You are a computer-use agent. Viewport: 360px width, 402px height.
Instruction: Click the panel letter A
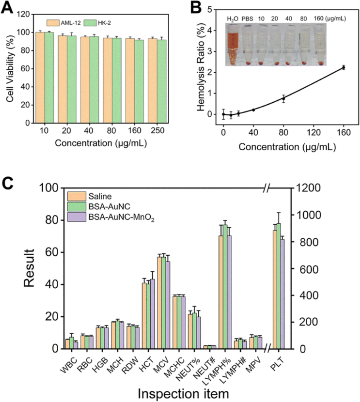[x=7, y=8]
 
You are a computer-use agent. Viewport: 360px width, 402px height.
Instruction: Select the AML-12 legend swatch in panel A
[x=53, y=23]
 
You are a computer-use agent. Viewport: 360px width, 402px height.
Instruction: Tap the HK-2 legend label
[x=104, y=23]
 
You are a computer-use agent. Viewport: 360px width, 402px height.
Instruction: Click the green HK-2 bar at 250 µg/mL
[x=161, y=82]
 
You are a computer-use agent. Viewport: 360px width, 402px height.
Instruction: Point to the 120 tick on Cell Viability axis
[x=23, y=14]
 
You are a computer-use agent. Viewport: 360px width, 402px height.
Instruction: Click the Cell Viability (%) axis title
[x=10, y=69]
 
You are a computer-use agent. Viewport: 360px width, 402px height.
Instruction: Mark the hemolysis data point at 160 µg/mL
[x=344, y=67]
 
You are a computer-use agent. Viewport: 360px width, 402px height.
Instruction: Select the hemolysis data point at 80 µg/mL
[x=283, y=98]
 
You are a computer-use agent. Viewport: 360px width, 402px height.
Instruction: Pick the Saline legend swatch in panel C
[x=77, y=196]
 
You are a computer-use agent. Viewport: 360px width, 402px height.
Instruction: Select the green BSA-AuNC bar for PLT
[x=278, y=286]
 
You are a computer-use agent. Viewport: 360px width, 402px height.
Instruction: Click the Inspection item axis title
[x=183, y=394]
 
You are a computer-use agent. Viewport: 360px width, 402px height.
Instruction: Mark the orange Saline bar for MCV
[x=159, y=303]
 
